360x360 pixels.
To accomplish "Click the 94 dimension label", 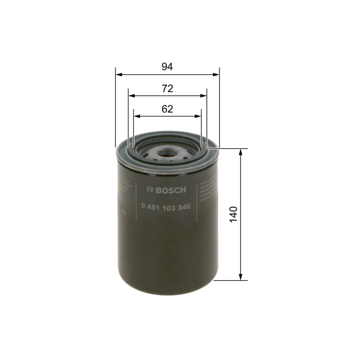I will (x=167, y=67).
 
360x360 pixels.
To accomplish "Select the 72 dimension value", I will (x=167, y=88).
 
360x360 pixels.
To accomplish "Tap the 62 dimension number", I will (x=167, y=109).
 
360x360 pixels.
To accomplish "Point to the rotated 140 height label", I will (x=234, y=214).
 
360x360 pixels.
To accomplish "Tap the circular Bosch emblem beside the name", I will (x=150, y=190).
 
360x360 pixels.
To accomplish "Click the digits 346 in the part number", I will (x=184, y=207).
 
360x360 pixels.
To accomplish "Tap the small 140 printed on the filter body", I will (x=123, y=213).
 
